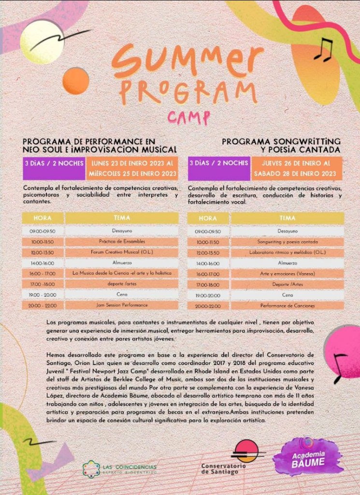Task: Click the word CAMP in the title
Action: (182, 116)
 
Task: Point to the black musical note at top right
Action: (323, 49)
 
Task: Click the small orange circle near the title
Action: (75, 80)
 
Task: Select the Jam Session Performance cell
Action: (122, 306)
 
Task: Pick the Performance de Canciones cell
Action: (287, 306)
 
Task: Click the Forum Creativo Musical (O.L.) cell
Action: (122, 252)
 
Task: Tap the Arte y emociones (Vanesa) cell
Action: (287, 274)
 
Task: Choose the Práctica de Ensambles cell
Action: (122, 241)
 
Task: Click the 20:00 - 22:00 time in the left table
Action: (43, 306)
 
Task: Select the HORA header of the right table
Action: (208, 218)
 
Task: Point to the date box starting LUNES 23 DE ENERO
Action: (132, 168)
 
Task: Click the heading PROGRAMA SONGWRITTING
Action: (281, 141)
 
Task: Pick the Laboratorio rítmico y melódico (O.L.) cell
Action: (287, 252)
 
